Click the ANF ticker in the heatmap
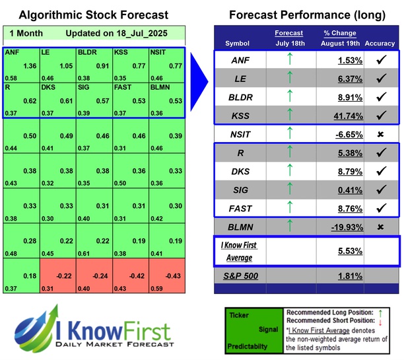12,51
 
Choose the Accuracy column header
379,44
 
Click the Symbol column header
238,44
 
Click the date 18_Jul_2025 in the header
145,32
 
